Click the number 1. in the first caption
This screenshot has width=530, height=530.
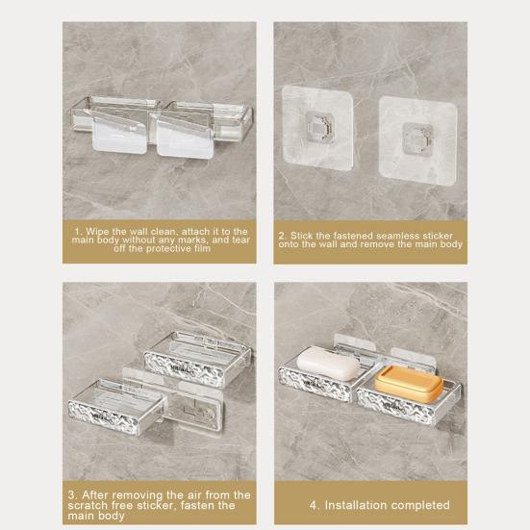click(x=78, y=231)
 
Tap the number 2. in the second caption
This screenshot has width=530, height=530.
click(x=281, y=235)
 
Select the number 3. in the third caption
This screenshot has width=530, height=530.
click(x=70, y=495)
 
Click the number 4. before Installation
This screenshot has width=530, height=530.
click(x=315, y=505)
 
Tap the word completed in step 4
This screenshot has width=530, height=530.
click(x=420, y=505)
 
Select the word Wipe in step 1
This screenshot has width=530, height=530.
click(x=96, y=231)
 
